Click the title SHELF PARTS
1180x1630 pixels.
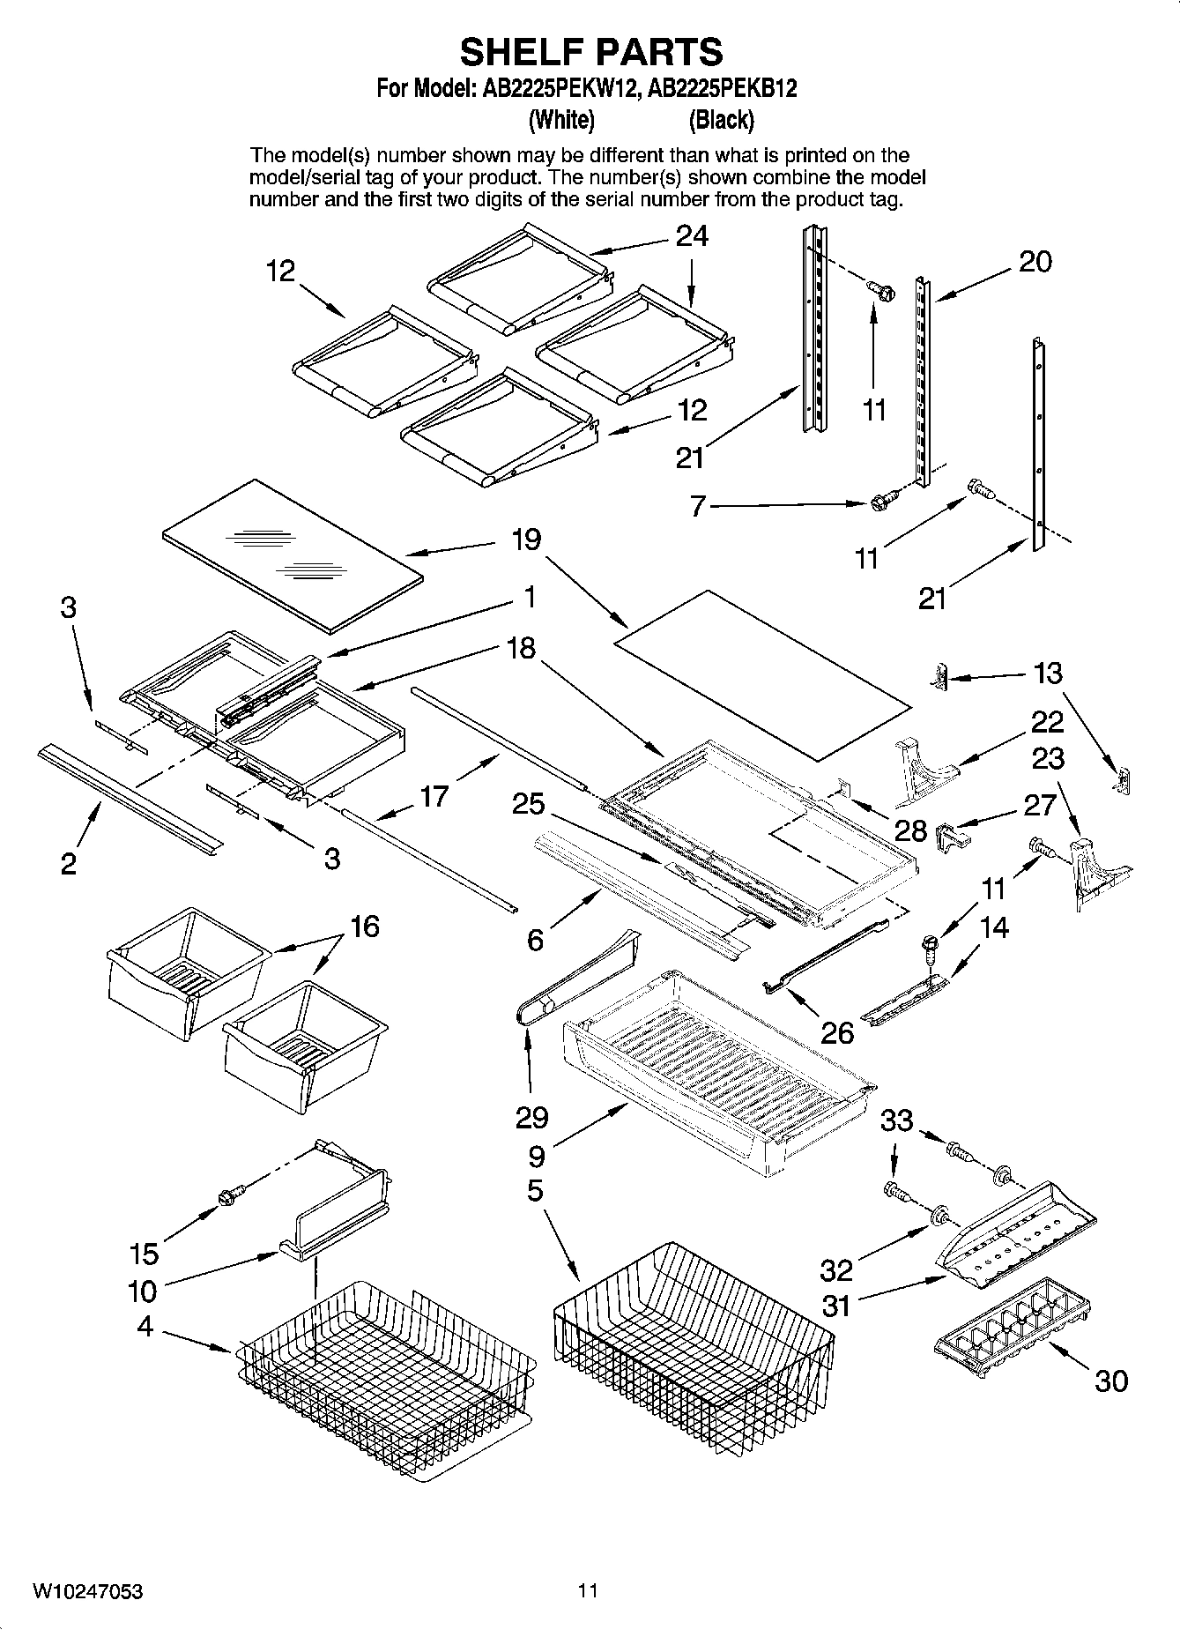coord(590,53)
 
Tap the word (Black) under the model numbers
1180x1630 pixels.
coord(721,119)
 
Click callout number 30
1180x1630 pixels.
coord(1110,1381)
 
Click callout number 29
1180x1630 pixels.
coord(532,1118)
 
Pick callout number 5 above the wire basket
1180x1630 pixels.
coord(535,1191)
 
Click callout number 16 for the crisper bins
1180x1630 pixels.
coord(364,927)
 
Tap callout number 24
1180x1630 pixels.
coord(692,236)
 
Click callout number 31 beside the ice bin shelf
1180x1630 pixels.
coord(835,1306)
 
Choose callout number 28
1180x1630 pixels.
coord(910,830)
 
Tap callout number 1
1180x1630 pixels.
coord(529,598)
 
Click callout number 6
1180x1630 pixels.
coord(535,941)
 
